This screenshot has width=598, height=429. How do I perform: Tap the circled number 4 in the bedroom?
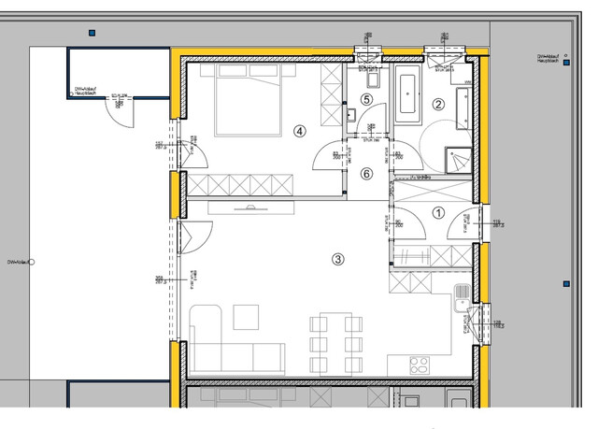tap(299, 131)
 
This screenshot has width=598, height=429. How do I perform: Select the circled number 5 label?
tap(367, 99)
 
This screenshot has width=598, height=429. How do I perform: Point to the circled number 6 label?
tap(367, 173)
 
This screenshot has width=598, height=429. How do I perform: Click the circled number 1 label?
tap(437, 213)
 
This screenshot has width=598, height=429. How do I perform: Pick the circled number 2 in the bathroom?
tap(438, 105)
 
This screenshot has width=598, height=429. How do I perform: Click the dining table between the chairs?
tap(333, 340)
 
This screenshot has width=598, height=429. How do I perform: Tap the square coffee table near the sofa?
tap(246, 318)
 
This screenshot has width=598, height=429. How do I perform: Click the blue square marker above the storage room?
tap(92, 33)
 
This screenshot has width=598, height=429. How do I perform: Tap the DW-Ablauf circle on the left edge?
tap(31, 264)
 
